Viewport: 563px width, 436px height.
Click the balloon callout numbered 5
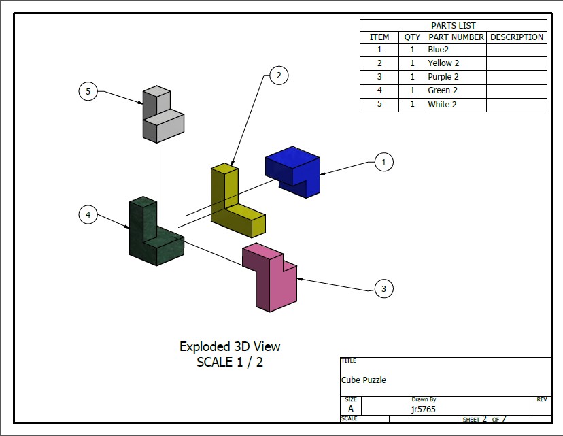click(88, 91)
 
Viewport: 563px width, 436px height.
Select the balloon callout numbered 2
click(279, 76)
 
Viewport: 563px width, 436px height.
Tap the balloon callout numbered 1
click(383, 162)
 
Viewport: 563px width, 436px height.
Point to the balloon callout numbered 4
click(88, 214)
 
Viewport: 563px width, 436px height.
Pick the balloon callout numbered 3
click(383, 288)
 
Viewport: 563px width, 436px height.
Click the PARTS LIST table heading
click(453, 25)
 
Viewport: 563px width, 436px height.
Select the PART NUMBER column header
click(456, 37)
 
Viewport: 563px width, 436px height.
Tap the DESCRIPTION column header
click(516, 37)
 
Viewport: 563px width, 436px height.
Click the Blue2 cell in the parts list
click(438, 50)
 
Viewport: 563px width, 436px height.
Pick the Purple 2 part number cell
click(443, 77)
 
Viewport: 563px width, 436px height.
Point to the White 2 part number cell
click(442, 105)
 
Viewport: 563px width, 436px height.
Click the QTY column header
click(412, 37)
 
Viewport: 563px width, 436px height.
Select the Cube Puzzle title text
click(363, 380)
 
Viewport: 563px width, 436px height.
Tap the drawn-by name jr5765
click(424, 409)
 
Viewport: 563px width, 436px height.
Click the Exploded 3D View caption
click(230, 347)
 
